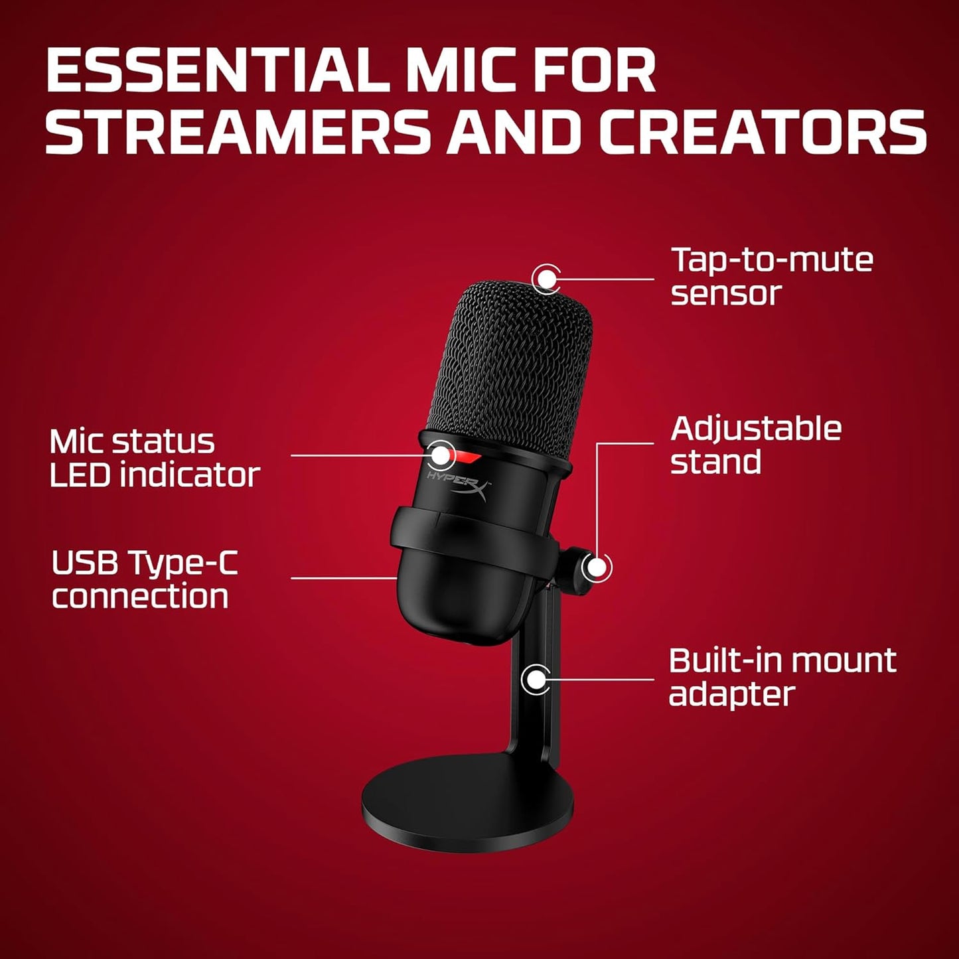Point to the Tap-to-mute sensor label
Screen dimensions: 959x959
tap(771, 276)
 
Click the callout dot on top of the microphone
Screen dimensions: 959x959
tap(546, 278)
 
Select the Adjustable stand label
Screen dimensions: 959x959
tap(755, 445)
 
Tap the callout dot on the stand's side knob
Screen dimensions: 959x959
tap(597, 568)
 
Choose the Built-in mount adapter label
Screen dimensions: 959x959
tap(782, 677)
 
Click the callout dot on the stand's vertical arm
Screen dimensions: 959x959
tap(535, 679)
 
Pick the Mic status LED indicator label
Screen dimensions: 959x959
tap(154, 458)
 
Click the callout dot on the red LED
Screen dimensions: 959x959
tap(441, 455)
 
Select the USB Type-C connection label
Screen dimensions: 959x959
tap(144, 579)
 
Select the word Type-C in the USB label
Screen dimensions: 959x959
tap(183, 564)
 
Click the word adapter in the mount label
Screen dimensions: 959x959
tap(731, 694)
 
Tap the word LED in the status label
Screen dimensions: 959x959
tap(80, 475)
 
